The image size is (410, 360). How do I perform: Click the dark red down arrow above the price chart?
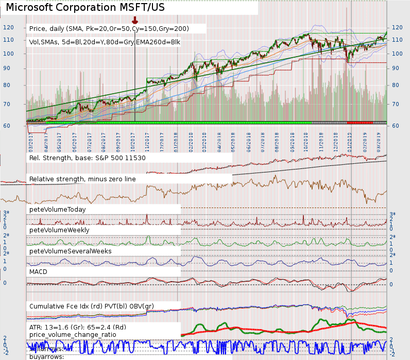[135, 20]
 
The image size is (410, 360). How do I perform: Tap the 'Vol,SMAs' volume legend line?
[108, 42]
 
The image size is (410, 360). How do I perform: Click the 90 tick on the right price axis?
[395, 68]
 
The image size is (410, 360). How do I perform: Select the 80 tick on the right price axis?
[395, 85]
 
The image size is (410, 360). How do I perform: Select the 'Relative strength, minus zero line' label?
[84, 179]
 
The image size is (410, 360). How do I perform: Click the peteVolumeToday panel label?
[58, 210]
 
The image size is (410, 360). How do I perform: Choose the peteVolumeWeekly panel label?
[59, 230]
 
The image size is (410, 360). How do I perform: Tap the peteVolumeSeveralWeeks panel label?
[71, 251]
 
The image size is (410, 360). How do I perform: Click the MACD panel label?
[39, 270]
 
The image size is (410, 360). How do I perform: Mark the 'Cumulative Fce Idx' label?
[92, 306]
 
